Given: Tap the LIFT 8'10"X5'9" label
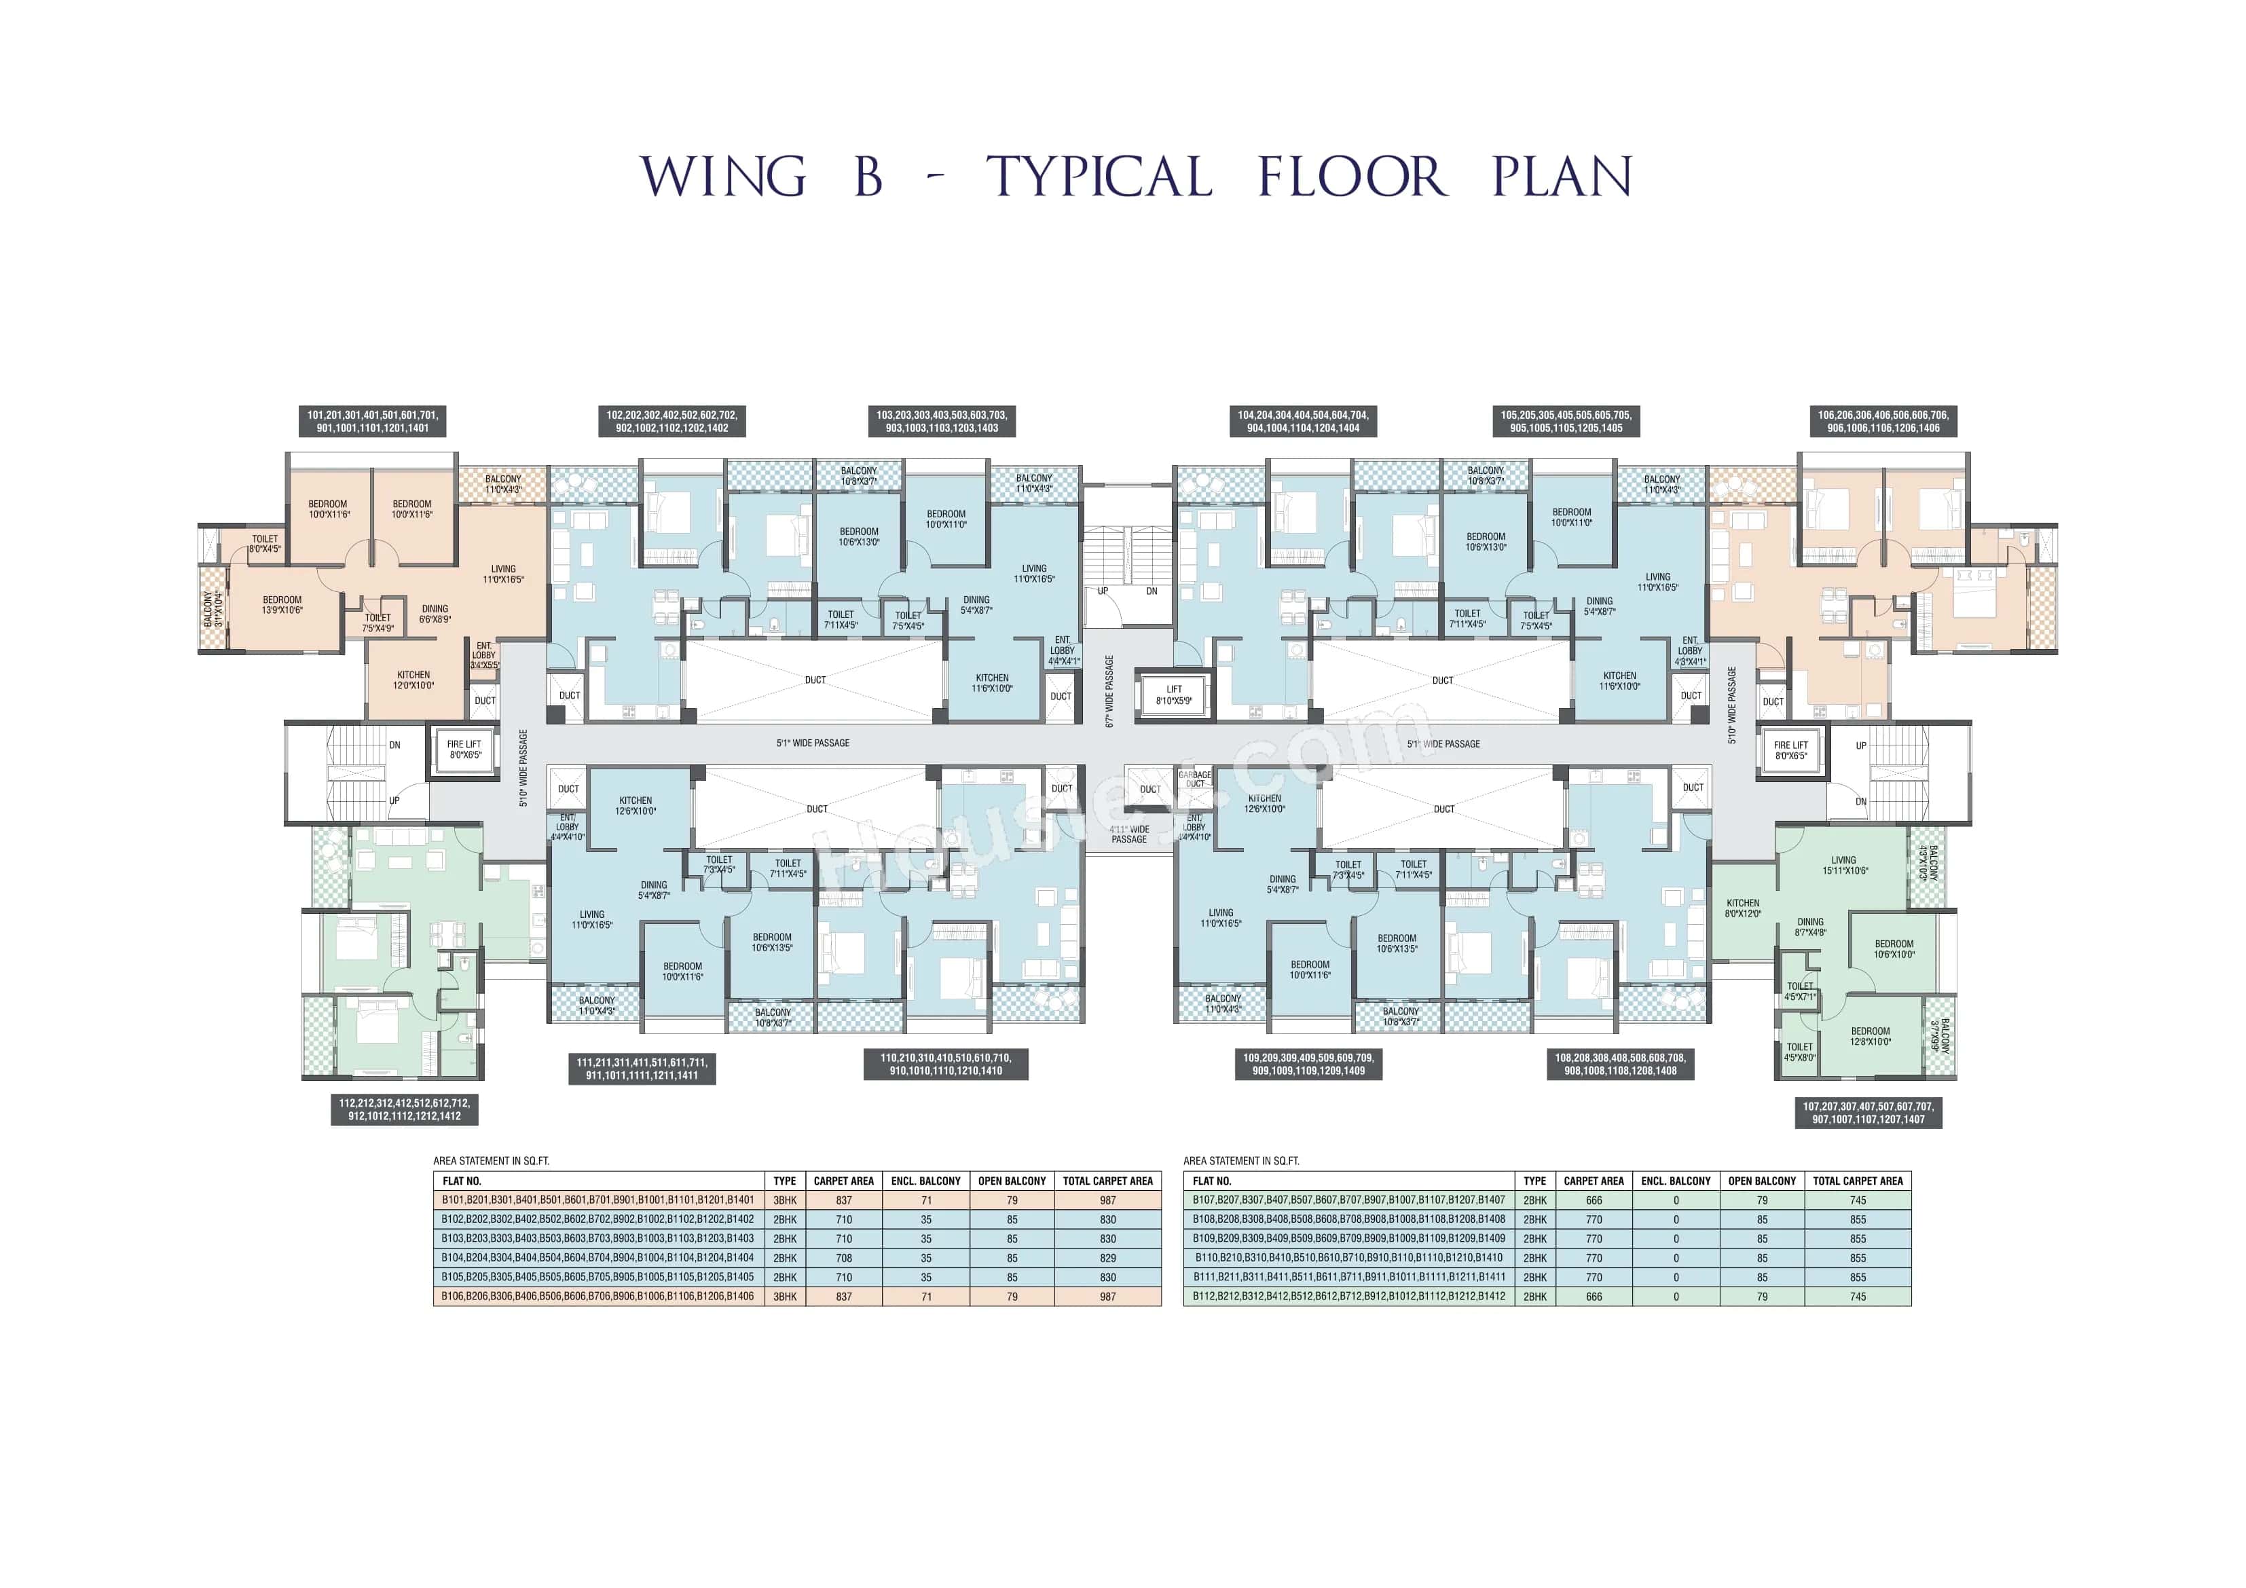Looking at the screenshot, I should (x=1174, y=695).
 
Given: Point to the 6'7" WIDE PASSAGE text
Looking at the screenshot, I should (x=1109, y=690).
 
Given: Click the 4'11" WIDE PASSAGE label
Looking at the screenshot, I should (x=1129, y=834).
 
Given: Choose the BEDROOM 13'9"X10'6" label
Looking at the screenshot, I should (x=282, y=605).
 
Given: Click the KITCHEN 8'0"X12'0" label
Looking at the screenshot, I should (x=1742, y=908).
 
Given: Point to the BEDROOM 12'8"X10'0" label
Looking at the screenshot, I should (x=1871, y=1036).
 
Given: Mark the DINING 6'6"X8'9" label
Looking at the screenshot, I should (x=435, y=614).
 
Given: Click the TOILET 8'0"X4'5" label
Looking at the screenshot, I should (x=264, y=544).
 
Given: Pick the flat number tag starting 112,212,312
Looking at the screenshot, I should (x=404, y=1109).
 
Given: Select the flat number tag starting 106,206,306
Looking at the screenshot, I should (x=1882, y=422).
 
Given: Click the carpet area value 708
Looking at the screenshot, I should (x=843, y=1257).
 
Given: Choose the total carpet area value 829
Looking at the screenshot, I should (x=1107, y=1257).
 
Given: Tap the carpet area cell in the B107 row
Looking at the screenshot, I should (x=1594, y=1200).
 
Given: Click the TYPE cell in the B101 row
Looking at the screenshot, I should (x=784, y=1200).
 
